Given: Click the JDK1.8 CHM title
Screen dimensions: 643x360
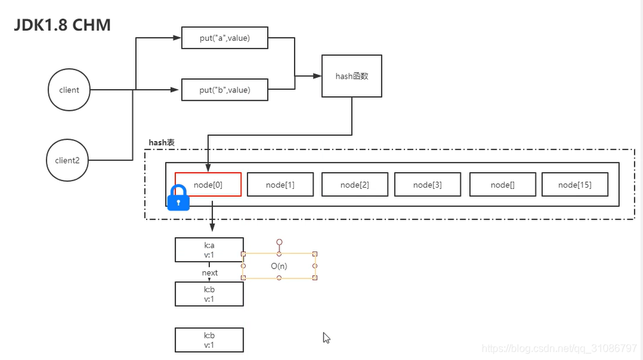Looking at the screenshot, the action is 63,25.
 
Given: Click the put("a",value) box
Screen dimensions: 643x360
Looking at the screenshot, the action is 225,38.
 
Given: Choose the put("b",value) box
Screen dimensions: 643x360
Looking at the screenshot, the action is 225,90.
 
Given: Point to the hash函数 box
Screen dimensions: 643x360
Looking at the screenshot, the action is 352,76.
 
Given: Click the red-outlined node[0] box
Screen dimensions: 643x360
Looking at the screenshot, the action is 208,184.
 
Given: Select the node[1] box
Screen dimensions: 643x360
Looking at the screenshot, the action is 280,184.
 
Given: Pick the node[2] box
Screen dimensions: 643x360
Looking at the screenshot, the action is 355,184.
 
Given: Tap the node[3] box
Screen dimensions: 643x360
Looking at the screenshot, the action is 427,184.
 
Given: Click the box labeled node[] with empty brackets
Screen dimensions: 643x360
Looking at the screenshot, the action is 503,184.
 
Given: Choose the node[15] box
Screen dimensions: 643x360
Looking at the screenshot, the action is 575,184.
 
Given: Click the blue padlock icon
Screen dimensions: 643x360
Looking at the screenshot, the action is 179,197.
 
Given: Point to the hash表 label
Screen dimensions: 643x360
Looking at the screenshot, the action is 161,142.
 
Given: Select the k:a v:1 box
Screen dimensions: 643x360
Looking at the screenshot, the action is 209,250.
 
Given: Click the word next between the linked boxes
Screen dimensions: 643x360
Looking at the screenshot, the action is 209,273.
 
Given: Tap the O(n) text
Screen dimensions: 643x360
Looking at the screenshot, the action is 279,266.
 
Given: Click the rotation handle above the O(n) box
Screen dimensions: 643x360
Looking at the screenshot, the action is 279,242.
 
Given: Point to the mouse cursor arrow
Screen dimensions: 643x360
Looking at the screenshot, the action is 326,338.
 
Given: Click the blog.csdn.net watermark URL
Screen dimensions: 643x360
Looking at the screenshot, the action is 559,349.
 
